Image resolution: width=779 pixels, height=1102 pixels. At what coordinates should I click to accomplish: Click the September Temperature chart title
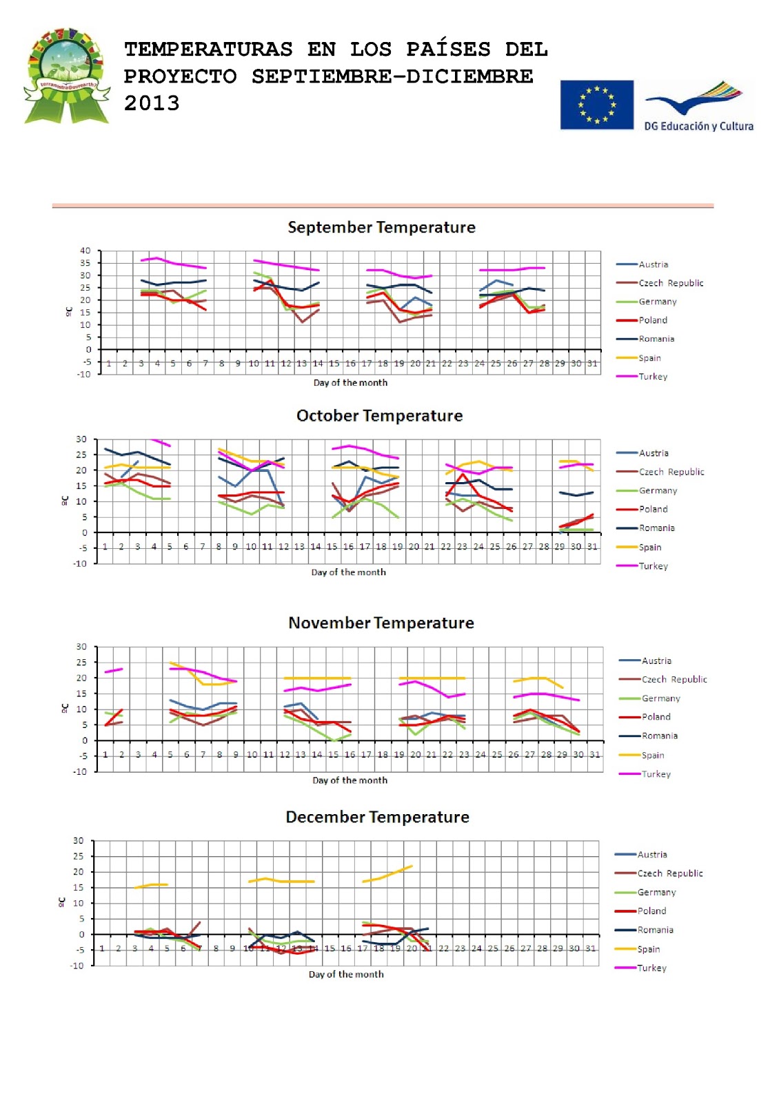click(x=381, y=227)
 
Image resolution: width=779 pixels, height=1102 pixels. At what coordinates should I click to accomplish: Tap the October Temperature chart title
click(x=379, y=416)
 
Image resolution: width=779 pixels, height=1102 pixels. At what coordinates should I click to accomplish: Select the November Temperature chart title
click(x=381, y=623)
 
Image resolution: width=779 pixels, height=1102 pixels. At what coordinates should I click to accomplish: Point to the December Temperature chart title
click(x=377, y=818)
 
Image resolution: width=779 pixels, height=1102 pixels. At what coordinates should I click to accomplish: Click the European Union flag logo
click(x=596, y=105)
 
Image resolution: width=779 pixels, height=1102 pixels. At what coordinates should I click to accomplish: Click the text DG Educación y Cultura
click(x=698, y=126)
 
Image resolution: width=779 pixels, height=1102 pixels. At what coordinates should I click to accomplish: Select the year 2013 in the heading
click(x=152, y=103)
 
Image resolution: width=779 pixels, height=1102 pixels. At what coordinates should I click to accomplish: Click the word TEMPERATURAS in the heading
click(x=208, y=50)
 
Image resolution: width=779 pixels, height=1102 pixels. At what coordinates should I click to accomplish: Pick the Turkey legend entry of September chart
click(x=652, y=377)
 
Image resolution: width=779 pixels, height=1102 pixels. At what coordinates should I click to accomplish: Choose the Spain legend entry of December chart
click(x=648, y=949)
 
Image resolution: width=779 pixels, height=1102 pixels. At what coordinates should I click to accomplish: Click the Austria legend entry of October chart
click(x=653, y=453)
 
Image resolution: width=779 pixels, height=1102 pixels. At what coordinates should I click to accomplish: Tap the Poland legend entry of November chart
click(x=656, y=717)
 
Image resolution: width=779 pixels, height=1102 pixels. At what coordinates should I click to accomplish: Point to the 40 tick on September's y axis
click(x=85, y=251)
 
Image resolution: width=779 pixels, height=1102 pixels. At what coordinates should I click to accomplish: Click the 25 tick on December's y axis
click(x=79, y=856)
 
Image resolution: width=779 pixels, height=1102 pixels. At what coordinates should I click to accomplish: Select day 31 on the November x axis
click(x=594, y=755)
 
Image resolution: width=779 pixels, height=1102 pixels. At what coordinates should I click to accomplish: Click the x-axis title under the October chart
click(x=348, y=572)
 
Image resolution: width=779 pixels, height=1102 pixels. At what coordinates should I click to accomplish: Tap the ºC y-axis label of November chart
click(x=64, y=709)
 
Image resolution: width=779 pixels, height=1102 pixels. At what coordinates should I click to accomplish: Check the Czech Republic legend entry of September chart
click(x=670, y=283)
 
